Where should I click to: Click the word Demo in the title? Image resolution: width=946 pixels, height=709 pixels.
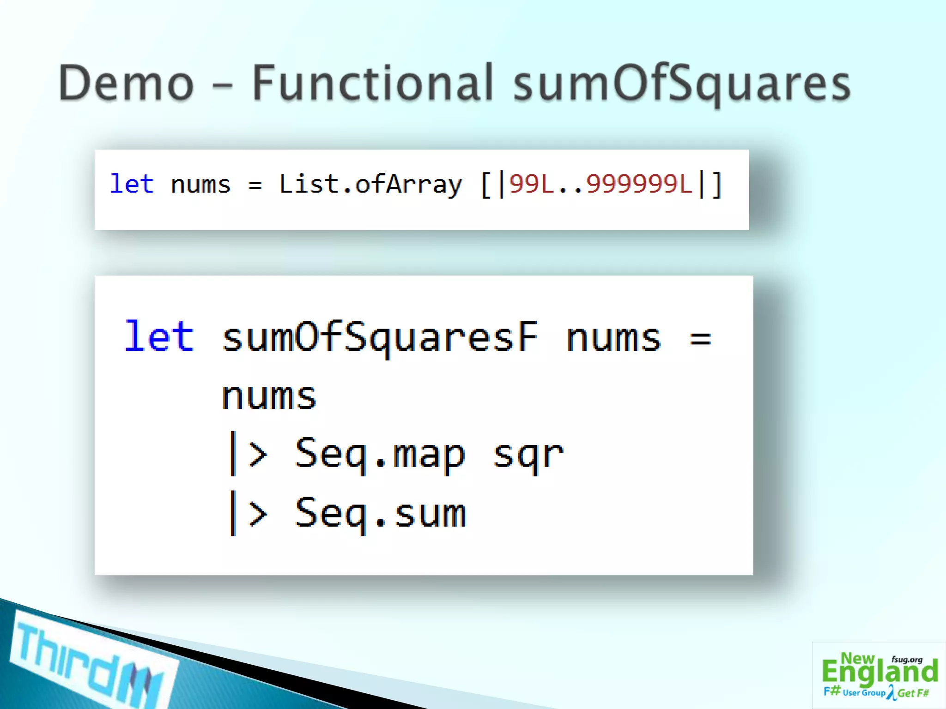coord(126,84)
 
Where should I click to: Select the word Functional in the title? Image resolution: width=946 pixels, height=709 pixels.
coord(372,84)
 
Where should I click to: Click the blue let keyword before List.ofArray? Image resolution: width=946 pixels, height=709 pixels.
coord(132,184)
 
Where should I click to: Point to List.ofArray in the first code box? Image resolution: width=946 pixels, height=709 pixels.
coord(370,185)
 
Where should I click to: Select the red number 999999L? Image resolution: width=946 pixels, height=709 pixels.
coord(639,184)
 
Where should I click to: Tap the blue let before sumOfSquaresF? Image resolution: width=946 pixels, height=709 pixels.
coord(159,336)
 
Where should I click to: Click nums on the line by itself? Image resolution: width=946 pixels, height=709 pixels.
coord(269,396)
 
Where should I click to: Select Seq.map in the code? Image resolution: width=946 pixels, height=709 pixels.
coord(380,455)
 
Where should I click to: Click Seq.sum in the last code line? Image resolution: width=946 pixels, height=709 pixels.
coord(380,513)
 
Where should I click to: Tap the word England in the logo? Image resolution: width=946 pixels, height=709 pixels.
coord(879,673)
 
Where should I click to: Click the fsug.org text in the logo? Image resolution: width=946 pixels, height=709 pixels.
coord(907,660)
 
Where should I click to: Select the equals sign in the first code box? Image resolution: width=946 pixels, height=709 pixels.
coord(255,186)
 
